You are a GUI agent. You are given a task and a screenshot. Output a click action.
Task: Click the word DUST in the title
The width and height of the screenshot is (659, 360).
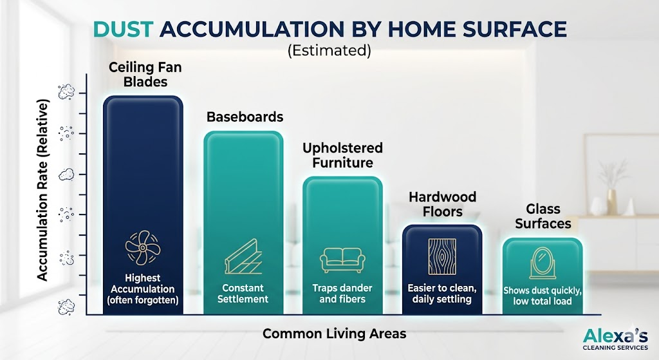pos(123,30)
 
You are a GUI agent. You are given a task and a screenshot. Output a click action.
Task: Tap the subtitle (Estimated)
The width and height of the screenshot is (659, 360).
pos(329,50)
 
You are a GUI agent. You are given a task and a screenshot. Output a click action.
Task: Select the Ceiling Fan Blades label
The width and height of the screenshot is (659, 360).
pos(145,74)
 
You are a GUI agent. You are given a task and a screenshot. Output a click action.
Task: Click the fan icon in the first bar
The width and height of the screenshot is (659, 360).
pos(143,248)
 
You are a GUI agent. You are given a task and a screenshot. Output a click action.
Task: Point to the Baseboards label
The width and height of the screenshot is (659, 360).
pos(245,117)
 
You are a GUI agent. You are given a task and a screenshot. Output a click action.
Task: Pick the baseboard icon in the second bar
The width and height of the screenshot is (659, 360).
pos(243,256)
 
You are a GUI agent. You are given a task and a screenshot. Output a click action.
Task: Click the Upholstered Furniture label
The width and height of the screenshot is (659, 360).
pos(342,155)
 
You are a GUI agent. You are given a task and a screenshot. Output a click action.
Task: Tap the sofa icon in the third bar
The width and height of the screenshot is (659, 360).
pos(342,260)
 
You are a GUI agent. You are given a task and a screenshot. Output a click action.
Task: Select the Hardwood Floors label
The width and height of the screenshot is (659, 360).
pos(443,204)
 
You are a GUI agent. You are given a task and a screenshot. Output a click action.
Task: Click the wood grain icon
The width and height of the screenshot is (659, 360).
pos(442,256)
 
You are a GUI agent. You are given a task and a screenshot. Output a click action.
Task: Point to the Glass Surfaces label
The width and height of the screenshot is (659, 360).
pos(543,216)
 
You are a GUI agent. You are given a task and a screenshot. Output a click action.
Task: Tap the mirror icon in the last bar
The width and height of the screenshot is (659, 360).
pos(543,263)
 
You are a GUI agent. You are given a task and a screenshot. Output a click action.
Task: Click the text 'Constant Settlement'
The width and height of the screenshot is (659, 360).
pos(243,294)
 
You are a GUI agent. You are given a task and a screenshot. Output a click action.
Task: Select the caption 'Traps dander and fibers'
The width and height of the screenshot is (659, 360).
pos(342,294)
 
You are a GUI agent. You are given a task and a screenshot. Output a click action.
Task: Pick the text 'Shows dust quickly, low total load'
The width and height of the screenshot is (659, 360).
pos(542,296)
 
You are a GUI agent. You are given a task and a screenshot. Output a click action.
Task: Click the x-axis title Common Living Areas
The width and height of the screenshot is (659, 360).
pos(335,334)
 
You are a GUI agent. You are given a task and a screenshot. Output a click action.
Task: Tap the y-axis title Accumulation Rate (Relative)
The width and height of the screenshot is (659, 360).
pos(43,190)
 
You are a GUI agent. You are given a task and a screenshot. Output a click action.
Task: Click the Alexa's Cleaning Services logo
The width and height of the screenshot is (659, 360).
pos(615,339)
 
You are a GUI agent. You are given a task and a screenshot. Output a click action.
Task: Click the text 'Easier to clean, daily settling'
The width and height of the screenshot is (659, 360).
pos(441,294)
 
